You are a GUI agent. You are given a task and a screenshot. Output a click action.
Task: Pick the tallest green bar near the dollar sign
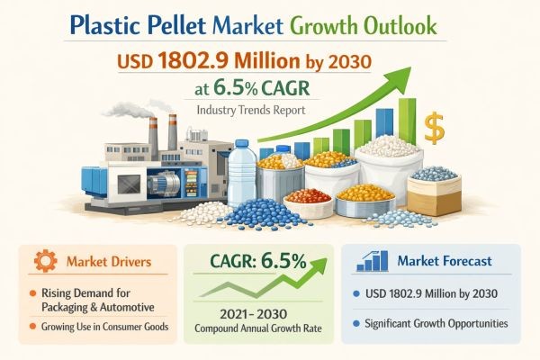(x=407, y=126)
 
